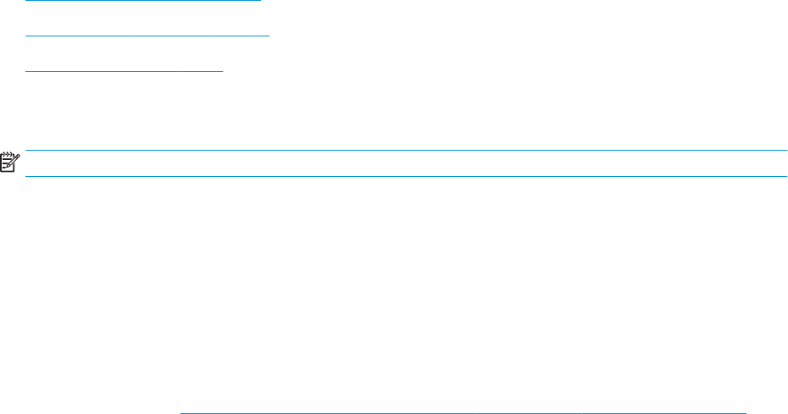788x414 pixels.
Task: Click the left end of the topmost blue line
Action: pos(26,1)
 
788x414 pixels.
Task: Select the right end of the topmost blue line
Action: pos(261,1)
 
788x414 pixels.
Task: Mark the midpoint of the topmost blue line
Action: pos(144,1)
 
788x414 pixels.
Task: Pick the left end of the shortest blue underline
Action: pos(26,71)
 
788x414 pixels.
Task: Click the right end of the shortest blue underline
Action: pos(223,71)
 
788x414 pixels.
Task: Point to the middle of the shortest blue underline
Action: pos(125,71)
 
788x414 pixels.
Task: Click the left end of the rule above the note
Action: pos(25,151)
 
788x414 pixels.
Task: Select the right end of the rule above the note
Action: pos(787,151)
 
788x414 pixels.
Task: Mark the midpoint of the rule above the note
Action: pos(407,151)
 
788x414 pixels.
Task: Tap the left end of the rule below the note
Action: pos(25,176)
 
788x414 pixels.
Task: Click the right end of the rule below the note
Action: pos(787,176)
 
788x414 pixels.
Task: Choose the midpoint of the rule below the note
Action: pos(407,176)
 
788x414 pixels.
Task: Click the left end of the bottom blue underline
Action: pos(181,413)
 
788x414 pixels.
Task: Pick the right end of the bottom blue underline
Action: pos(746,413)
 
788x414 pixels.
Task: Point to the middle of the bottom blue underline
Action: pos(464,413)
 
